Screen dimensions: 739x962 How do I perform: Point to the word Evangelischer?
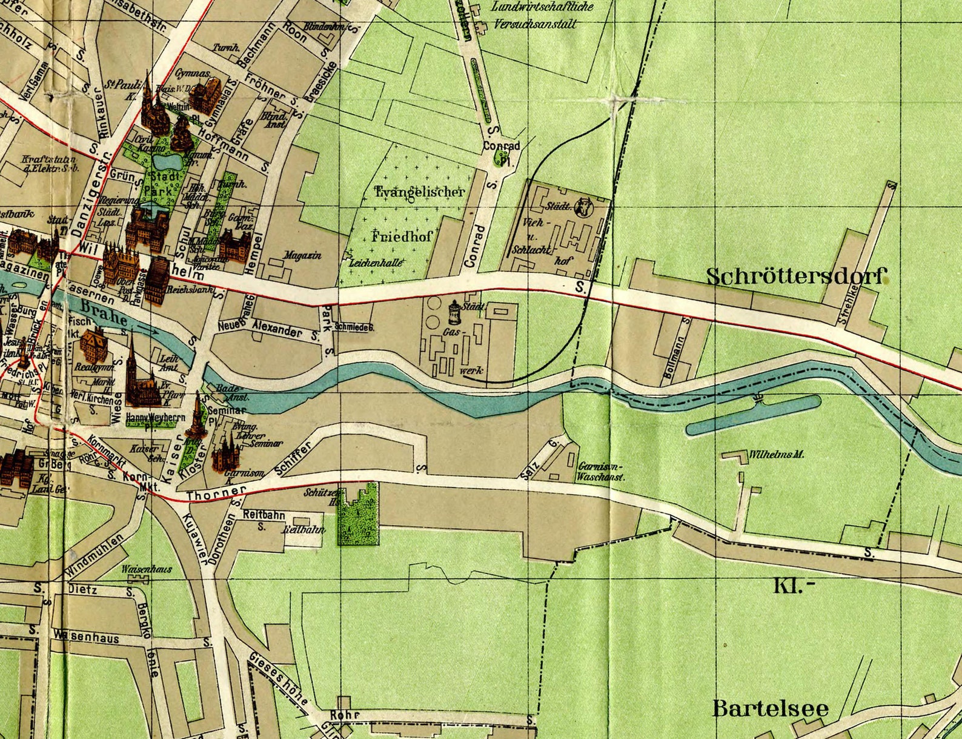click(420, 192)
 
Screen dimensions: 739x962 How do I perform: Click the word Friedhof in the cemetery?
click(402, 236)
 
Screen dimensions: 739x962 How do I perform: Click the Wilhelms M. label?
click(777, 454)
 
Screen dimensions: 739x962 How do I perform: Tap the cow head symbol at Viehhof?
click(583, 207)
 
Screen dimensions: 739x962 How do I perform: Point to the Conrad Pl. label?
click(502, 152)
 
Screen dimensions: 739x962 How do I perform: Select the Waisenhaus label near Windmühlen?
click(147, 569)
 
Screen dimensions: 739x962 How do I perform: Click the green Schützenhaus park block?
click(359, 515)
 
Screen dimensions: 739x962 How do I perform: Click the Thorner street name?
click(216, 493)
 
